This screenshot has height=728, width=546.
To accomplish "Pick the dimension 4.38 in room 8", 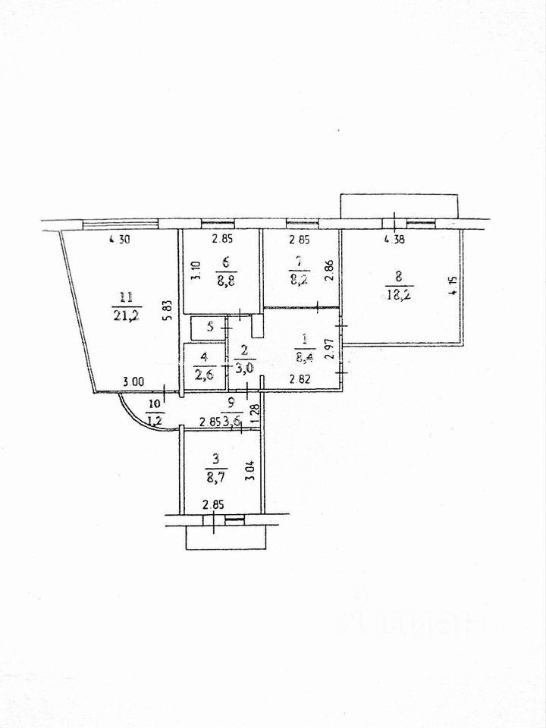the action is tap(397, 240).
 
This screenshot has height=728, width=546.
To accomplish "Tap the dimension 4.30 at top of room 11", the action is tap(121, 241).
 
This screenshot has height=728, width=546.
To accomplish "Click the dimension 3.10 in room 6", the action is tap(194, 271).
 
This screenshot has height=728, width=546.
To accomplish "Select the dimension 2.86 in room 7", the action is tap(328, 271).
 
